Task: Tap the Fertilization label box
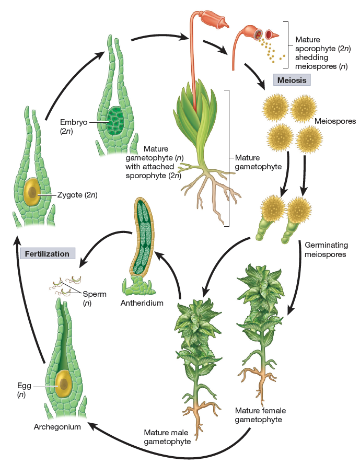pos(47,253)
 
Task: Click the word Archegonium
pos(57,427)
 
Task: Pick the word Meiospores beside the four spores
pos(335,121)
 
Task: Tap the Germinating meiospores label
pos(326,250)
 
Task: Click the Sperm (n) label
pos(95,298)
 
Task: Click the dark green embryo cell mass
pos(114,120)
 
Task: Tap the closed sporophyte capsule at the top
pos(212,20)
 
